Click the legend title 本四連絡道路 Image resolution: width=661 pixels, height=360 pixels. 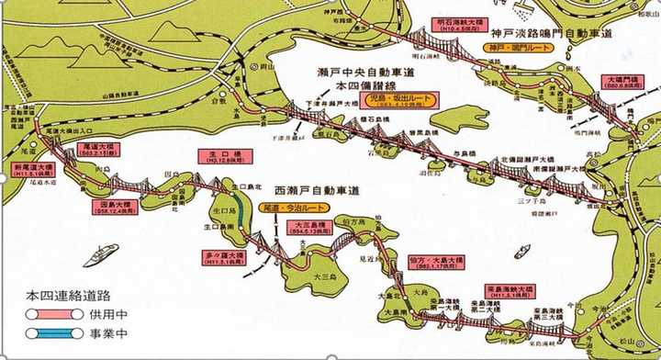(x=66, y=297)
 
